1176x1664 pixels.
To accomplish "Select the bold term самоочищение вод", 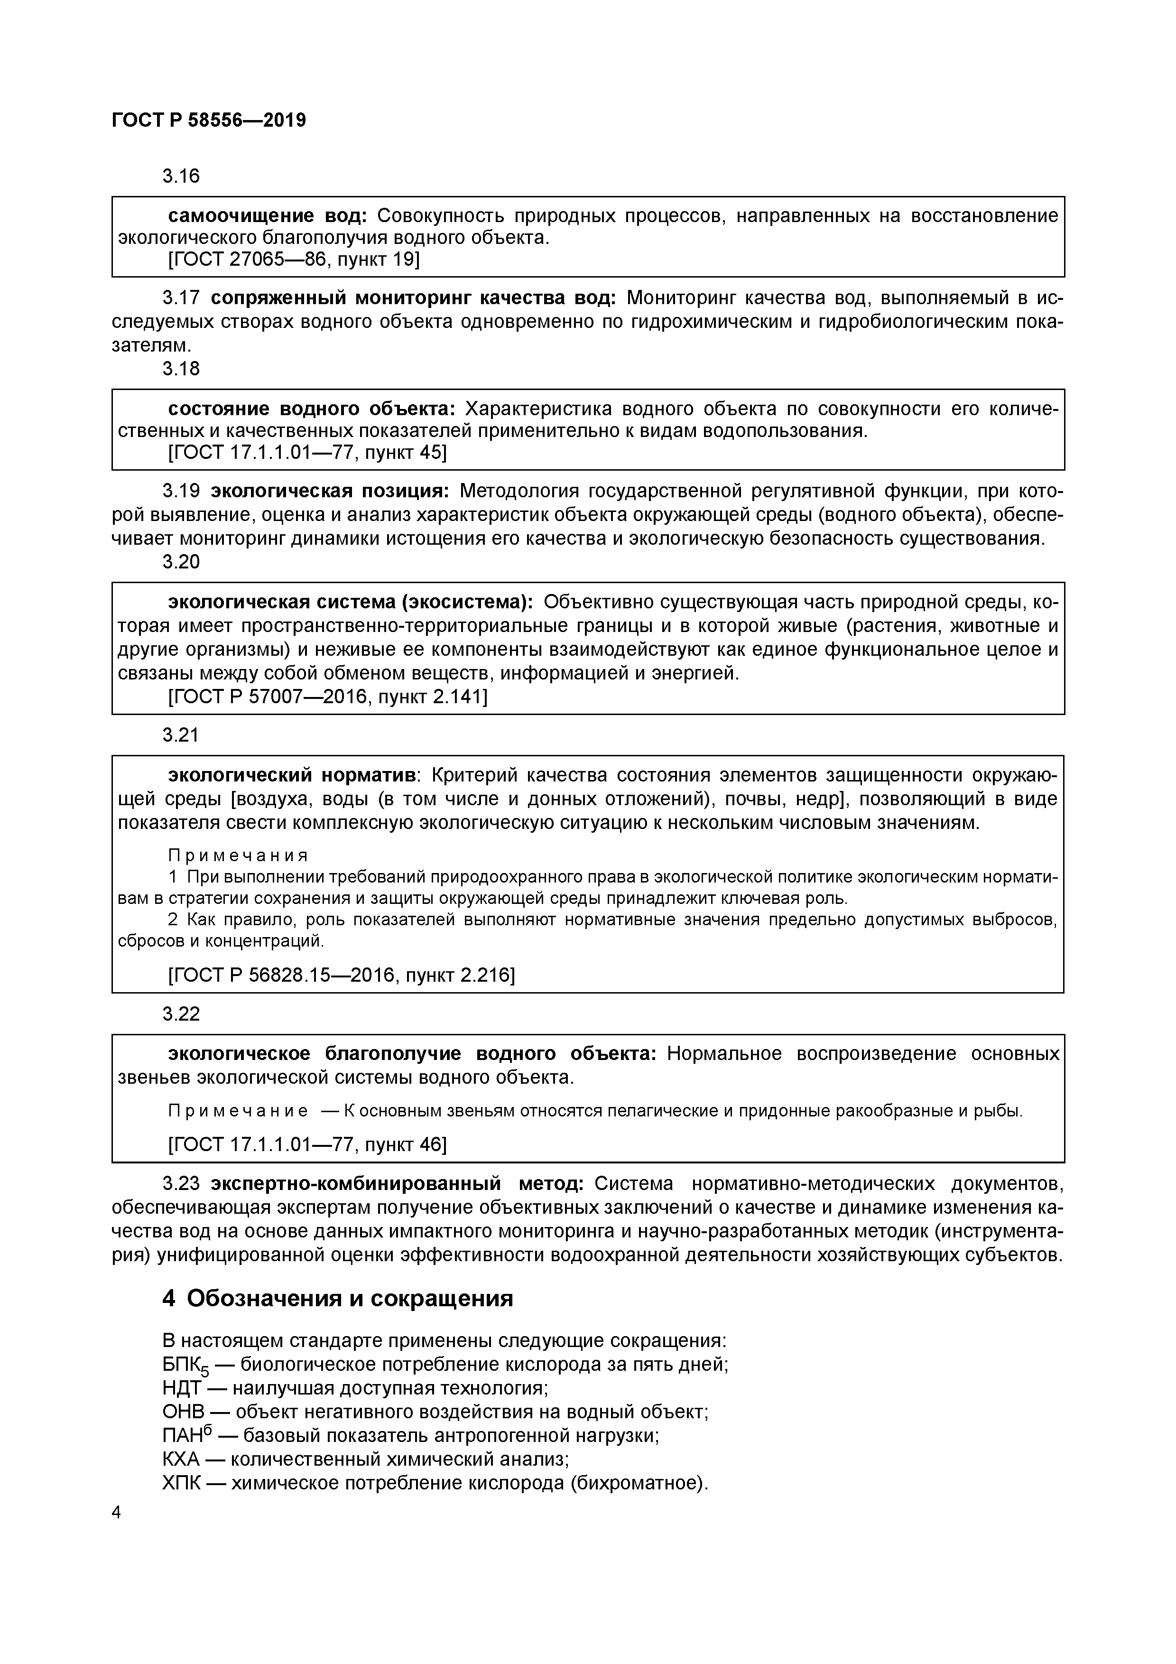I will click(x=268, y=216).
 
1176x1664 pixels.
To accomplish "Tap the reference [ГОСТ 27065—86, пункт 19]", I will click(x=294, y=260).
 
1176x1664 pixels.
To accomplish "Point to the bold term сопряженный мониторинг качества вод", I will click(x=413, y=298).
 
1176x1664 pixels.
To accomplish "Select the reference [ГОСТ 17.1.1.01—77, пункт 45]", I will click(x=307, y=452).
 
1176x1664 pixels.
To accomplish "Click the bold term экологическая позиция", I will click(x=330, y=492).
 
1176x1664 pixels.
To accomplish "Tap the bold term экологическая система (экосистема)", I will click(x=351, y=602).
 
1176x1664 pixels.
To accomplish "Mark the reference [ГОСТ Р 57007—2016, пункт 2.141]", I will click(x=327, y=697).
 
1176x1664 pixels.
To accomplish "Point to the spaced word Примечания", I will click(x=239, y=855).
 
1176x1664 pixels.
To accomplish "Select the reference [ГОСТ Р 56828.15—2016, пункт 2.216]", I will click(x=341, y=976).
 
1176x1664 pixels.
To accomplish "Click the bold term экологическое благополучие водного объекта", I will click(x=412, y=1054).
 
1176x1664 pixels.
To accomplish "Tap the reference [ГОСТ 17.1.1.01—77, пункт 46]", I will click(x=307, y=1144).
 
